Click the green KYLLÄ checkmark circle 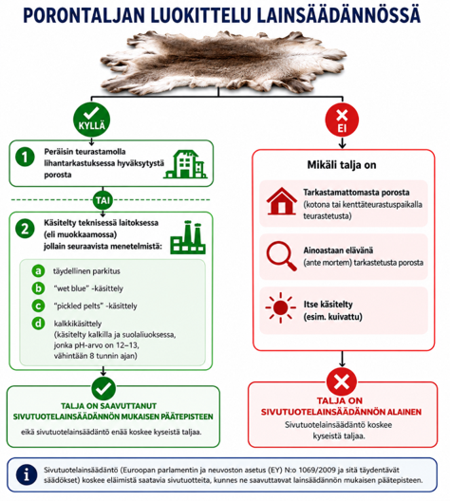pyautogui.click(x=92, y=120)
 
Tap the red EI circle pyautogui.click(x=342, y=121)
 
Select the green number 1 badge pyautogui.click(x=25, y=157)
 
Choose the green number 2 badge pyautogui.click(x=25, y=229)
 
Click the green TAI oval pyautogui.click(x=103, y=200)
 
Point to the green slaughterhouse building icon pyautogui.click(x=185, y=164)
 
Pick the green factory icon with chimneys pyautogui.click(x=188, y=237)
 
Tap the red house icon pyautogui.click(x=282, y=201)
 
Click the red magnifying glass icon pyautogui.click(x=281, y=256)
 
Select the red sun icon pyautogui.click(x=280, y=307)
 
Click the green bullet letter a pyautogui.click(x=38, y=271)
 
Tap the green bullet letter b pyautogui.click(x=38, y=288)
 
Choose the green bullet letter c pyautogui.click(x=38, y=306)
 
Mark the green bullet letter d pyautogui.click(x=38, y=324)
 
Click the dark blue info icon pyautogui.click(x=27, y=474)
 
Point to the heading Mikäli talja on pyautogui.click(x=342, y=165)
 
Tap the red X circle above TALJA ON pyautogui.click(x=342, y=381)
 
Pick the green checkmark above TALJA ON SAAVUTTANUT pyautogui.click(x=103, y=389)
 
